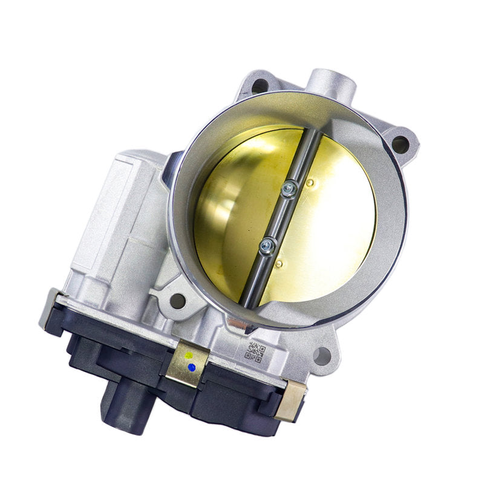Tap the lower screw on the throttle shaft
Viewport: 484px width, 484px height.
click(266, 245)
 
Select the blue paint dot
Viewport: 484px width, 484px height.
click(192, 367)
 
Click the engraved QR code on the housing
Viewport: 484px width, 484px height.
click(255, 352)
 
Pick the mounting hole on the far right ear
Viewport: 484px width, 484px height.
click(400, 144)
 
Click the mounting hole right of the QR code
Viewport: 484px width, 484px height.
click(322, 356)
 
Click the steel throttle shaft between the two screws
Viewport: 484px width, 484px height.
click(278, 218)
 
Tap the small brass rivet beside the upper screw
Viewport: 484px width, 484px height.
click(310, 182)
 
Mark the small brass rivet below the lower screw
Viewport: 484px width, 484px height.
click(279, 264)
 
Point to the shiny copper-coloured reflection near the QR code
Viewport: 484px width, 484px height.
click(238, 325)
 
